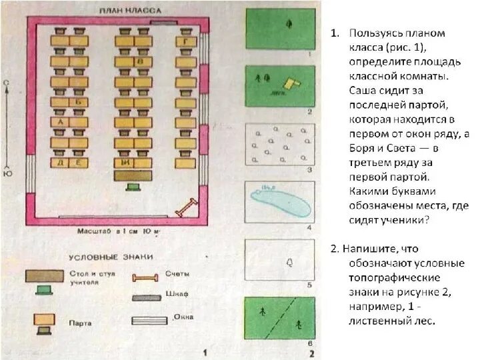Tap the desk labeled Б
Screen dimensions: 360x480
[79, 102]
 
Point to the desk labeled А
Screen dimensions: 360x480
[61, 122]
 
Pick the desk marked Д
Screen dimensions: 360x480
[61, 162]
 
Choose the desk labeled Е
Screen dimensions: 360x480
[79, 162]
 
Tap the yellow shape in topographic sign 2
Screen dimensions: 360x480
[290, 84]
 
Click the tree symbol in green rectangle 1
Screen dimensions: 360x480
[289, 25]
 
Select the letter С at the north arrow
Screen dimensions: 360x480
[7, 82]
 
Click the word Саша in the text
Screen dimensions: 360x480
[361, 89]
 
